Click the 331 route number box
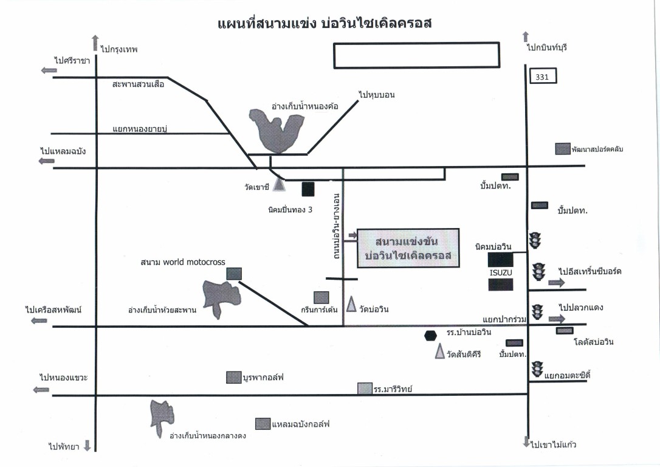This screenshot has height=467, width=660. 543,77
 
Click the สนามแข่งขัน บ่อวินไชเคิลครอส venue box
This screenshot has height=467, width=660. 407,249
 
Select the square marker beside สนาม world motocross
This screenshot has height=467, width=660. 234,274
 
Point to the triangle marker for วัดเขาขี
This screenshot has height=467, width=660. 279,183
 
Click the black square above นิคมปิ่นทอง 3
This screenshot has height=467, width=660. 308,189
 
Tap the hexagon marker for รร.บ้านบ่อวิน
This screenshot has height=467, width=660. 431,336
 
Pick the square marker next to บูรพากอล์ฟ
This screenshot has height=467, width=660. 233,378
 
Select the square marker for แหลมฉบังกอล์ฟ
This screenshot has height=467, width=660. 263,424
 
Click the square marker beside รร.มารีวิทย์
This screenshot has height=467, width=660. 364,389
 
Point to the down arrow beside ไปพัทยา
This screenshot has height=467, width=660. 87,446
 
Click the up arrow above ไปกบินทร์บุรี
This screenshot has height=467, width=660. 526,37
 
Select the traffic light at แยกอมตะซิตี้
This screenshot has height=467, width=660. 537,368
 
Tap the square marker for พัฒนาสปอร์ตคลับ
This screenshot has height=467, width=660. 563,149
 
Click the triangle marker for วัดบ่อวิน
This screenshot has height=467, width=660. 351,304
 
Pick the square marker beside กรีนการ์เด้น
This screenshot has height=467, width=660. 321,297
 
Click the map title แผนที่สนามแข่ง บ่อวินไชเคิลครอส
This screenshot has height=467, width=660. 328,24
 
